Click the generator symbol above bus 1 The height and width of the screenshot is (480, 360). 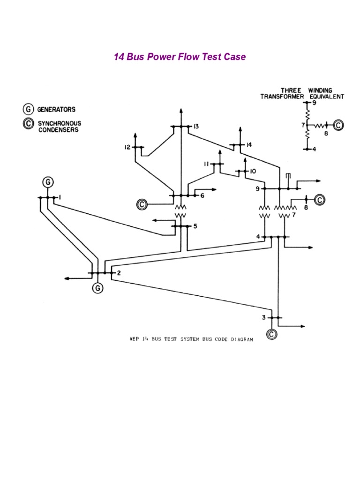tap(48, 181)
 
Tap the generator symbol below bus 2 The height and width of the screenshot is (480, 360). tap(97, 288)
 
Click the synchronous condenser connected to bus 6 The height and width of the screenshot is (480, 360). tap(142, 204)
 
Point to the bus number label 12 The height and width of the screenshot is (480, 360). tap(127, 147)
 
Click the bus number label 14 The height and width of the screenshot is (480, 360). tap(248, 145)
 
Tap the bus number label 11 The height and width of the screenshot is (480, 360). tap(205, 164)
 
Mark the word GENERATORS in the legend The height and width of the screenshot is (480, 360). tap(57, 109)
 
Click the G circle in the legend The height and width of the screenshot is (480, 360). tap(29, 109)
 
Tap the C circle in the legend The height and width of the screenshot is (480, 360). tap(29, 124)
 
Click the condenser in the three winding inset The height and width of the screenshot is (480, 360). tap(338, 125)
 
